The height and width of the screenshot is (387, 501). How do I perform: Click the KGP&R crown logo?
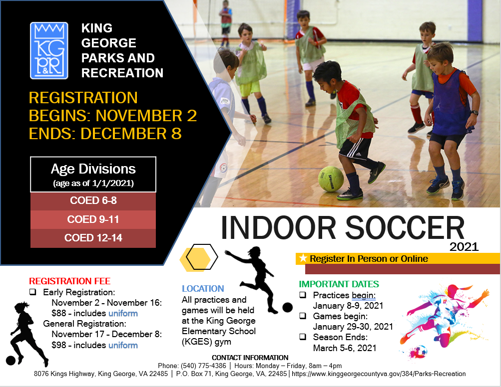(49, 50)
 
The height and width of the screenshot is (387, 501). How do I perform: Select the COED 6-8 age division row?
(93, 200)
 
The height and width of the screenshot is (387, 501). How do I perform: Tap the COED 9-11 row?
(93, 219)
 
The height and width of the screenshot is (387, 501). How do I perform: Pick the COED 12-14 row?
(93, 238)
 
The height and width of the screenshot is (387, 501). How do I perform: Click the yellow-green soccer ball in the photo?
(331, 179)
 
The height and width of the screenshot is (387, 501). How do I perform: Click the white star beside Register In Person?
(303, 258)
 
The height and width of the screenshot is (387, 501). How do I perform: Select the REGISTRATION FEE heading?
(70, 281)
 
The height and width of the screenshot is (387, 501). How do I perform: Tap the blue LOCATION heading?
(203, 289)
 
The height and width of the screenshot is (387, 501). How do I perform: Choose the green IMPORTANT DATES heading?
(339, 284)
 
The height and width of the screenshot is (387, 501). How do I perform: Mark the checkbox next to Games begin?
(303, 316)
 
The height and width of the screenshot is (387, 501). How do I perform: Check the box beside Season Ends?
(303, 337)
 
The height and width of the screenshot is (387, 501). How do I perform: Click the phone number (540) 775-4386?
(206, 366)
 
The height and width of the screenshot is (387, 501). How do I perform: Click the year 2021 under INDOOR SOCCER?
(464, 246)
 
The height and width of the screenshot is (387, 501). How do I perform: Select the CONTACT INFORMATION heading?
(250, 358)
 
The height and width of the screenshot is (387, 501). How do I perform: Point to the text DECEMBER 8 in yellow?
(131, 134)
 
